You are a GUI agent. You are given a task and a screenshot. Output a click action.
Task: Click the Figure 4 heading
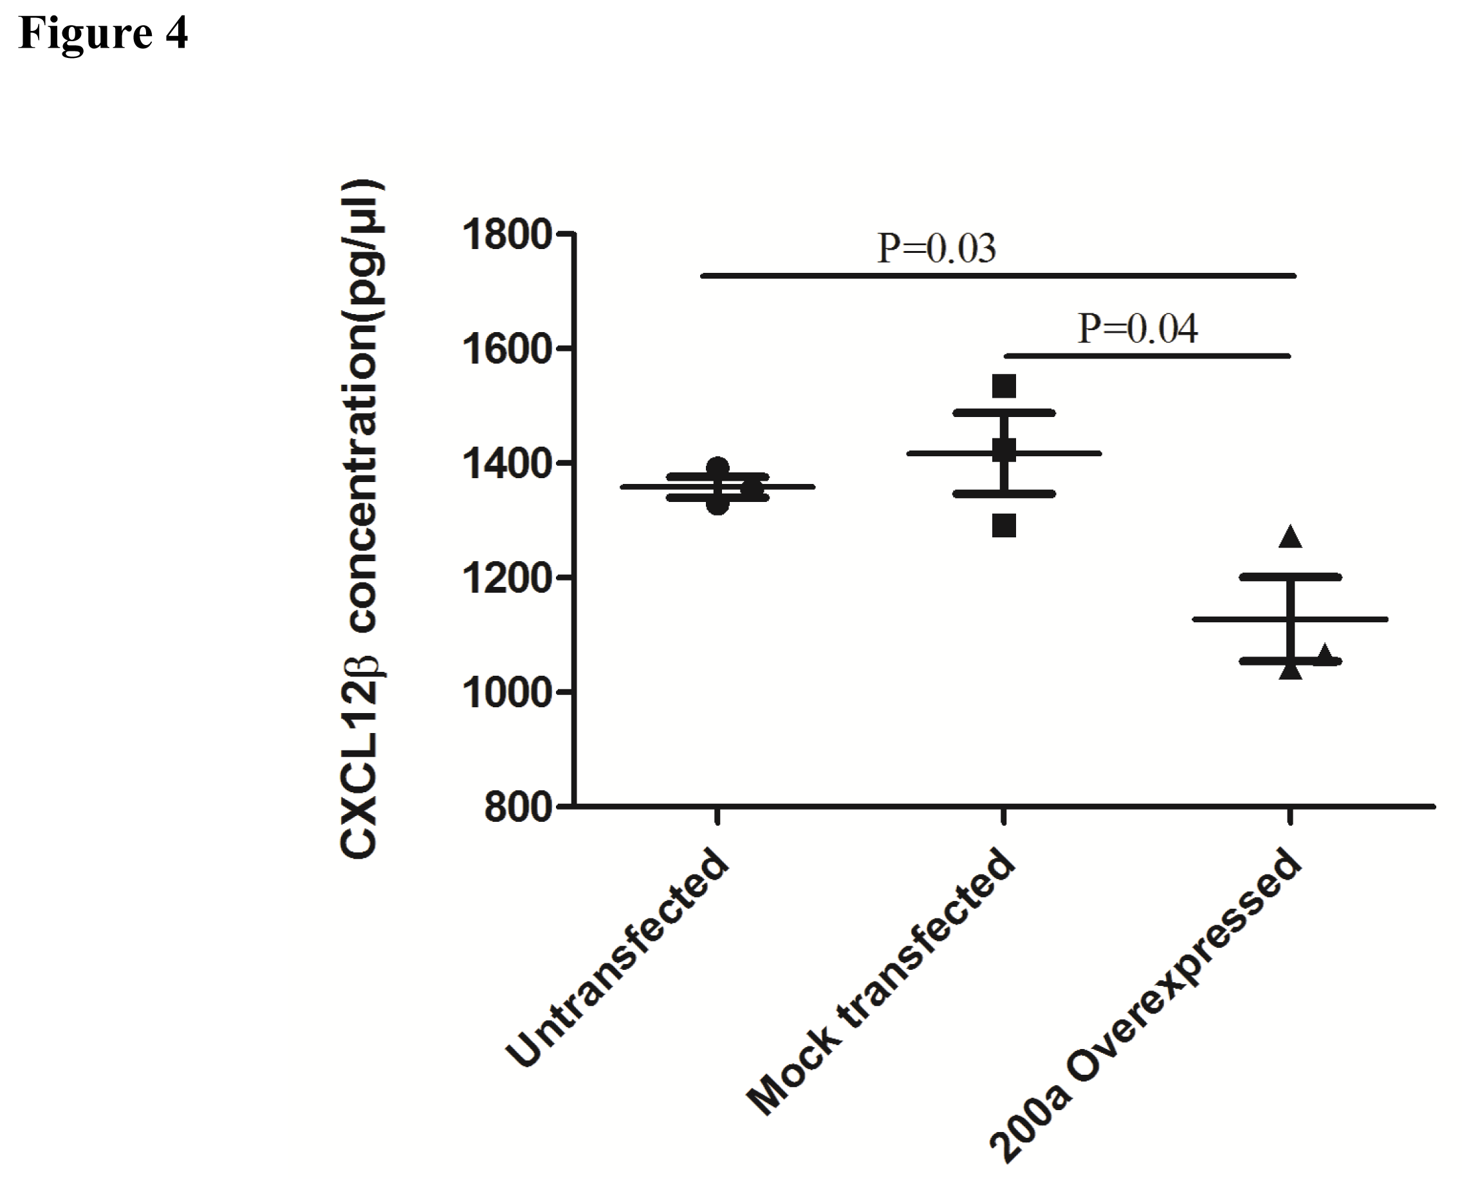tap(103, 33)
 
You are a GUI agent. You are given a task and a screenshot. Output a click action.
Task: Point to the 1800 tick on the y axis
tap(506, 236)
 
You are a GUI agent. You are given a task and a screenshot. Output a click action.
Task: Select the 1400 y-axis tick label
tap(506, 465)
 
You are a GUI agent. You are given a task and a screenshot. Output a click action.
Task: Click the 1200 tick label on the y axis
tap(506, 579)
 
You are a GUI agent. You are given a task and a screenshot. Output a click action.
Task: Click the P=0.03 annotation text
tap(936, 248)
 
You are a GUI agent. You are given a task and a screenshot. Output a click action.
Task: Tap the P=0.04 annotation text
tap(1138, 329)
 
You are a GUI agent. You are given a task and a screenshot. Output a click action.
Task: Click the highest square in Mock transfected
tap(1004, 386)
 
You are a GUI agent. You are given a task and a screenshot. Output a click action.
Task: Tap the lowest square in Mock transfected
tap(1004, 525)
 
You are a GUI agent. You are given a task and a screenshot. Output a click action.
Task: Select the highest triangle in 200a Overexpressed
tap(1290, 537)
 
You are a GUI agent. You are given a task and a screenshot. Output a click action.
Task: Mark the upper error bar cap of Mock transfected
tap(1004, 413)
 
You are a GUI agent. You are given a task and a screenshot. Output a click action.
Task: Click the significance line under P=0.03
tap(998, 275)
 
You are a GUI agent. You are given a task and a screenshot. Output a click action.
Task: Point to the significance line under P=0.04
tap(1147, 356)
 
